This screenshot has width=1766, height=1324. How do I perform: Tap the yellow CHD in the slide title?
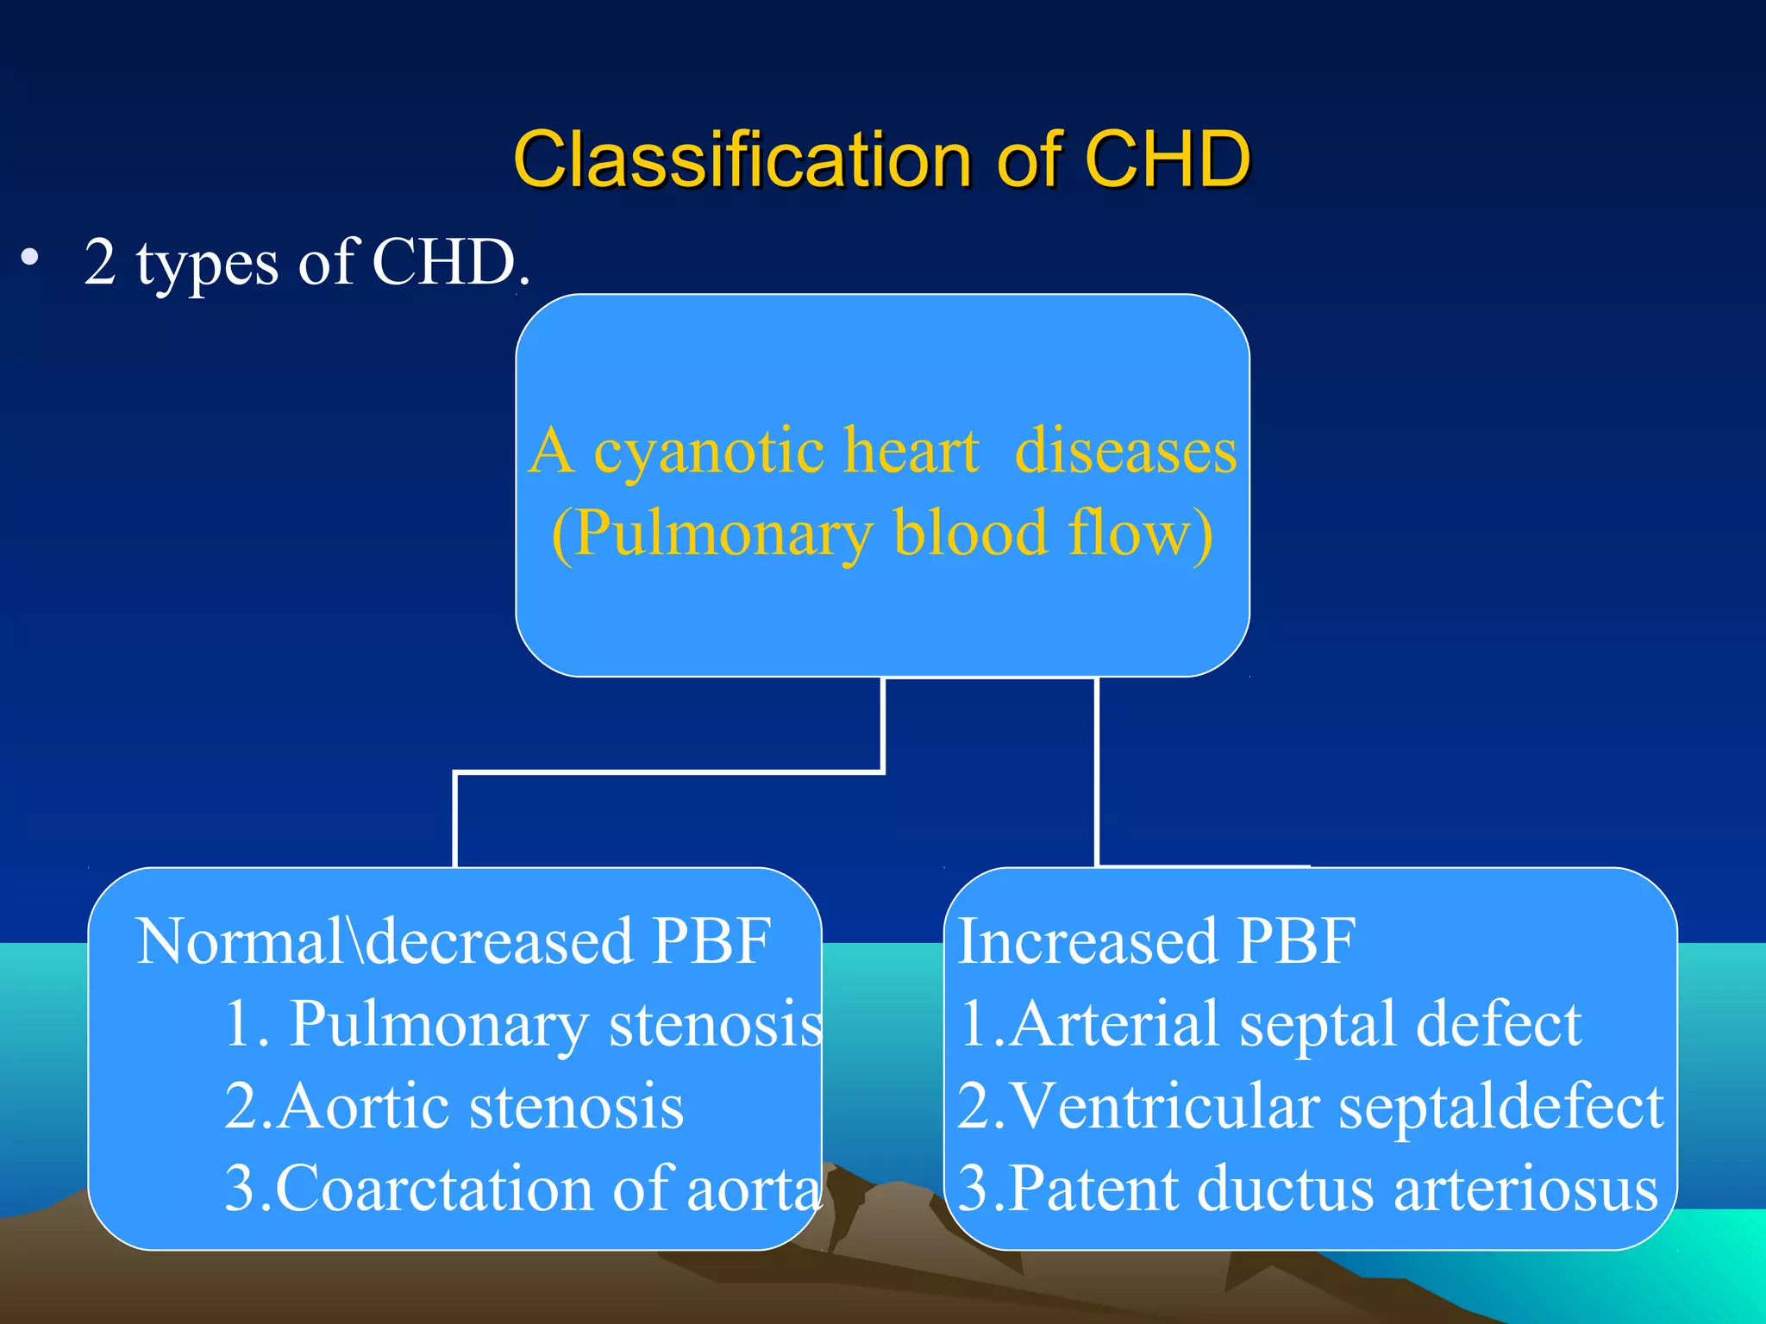pyautogui.click(x=1166, y=159)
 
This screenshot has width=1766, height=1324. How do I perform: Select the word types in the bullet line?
pyautogui.click(x=207, y=263)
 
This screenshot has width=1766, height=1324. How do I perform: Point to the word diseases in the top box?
pyautogui.click(x=1125, y=451)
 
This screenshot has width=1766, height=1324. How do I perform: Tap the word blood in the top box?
pyautogui.click(x=970, y=534)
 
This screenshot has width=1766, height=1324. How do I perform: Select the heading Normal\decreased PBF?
pyautogui.click(x=453, y=940)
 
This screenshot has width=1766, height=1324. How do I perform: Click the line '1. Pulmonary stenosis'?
pyautogui.click(x=523, y=1024)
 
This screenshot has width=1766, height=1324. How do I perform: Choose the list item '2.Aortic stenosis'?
pyautogui.click(x=454, y=1107)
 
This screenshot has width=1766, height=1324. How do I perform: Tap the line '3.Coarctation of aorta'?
pyautogui.click(x=523, y=1189)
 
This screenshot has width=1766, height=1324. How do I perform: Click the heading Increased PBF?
pyautogui.click(x=1155, y=940)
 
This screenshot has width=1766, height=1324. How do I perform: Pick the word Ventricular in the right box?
pyautogui.click(x=1164, y=1107)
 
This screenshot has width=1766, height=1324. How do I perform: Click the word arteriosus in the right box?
pyautogui.click(x=1525, y=1189)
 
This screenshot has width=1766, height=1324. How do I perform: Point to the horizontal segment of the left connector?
pyautogui.click(x=668, y=772)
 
